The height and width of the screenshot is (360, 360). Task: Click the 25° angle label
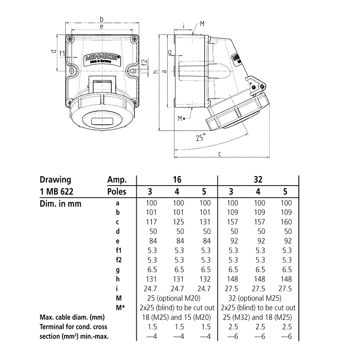coord(200,138)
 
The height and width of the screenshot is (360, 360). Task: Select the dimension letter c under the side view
coord(219,154)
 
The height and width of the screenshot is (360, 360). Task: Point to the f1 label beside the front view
coord(62,53)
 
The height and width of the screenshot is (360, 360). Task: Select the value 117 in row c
coord(151,222)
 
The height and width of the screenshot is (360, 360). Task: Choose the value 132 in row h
coord(205,279)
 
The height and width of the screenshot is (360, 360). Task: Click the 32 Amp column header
coord(258,180)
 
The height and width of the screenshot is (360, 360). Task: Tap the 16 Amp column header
coord(178,180)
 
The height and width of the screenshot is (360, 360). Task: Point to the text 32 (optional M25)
coord(258,298)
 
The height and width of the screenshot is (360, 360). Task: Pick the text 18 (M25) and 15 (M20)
coord(177,317)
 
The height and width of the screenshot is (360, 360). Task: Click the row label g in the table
coord(117,270)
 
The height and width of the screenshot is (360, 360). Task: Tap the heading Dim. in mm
coord(60,203)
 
